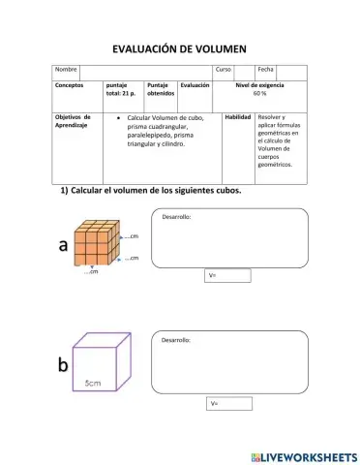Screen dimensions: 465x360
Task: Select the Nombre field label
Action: tap(66, 70)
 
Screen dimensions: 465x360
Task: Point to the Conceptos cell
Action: tap(71, 86)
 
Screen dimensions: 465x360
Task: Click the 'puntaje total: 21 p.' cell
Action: tap(120, 89)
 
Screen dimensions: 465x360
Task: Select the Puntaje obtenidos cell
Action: tap(160, 89)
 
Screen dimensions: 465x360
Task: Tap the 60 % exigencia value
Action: tap(259, 93)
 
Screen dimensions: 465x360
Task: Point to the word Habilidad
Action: tap(238, 117)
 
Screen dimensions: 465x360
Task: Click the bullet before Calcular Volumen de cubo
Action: tap(117, 118)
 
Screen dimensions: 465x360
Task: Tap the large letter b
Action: tap(63, 365)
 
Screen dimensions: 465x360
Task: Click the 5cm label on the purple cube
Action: tap(93, 384)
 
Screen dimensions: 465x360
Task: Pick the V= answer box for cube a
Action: tap(228, 275)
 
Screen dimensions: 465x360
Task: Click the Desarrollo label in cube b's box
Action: tap(176, 341)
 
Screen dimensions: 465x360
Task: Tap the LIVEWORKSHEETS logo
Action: tap(303, 455)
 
